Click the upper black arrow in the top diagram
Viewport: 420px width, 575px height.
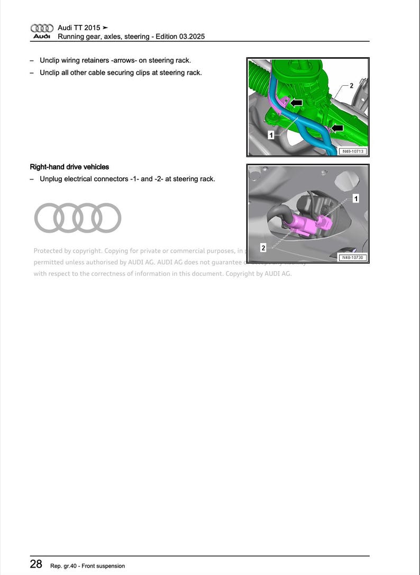pyautogui.click(x=296, y=102)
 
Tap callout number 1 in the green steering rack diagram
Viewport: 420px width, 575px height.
pyautogui.click(x=271, y=136)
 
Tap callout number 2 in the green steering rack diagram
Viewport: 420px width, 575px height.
pyautogui.click(x=351, y=85)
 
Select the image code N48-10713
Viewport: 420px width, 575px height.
pyautogui.click(x=353, y=151)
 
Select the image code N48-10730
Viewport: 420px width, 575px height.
pyautogui.click(x=353, y=257)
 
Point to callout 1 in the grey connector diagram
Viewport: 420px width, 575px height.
pyautogui.click(x=356, y=198)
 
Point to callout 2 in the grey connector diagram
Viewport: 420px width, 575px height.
pyautogui.click(x=263, y=248)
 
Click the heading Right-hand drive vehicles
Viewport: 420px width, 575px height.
pyautogui.click(x=69, y=167)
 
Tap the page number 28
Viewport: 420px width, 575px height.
pyautogui.click(x=36, y=564)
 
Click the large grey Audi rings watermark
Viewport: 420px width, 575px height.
pyautogui.click(x=78, y=218)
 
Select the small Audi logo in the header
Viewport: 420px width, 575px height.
pyautogui.click(x=42, y=32)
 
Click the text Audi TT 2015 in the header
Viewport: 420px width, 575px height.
pyautogui.click(x=79, y=28)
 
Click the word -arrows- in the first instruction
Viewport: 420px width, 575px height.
pyautogui.click(x=124, y=61)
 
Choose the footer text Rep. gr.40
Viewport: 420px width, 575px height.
pyautogui.click(x=63, y=566)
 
